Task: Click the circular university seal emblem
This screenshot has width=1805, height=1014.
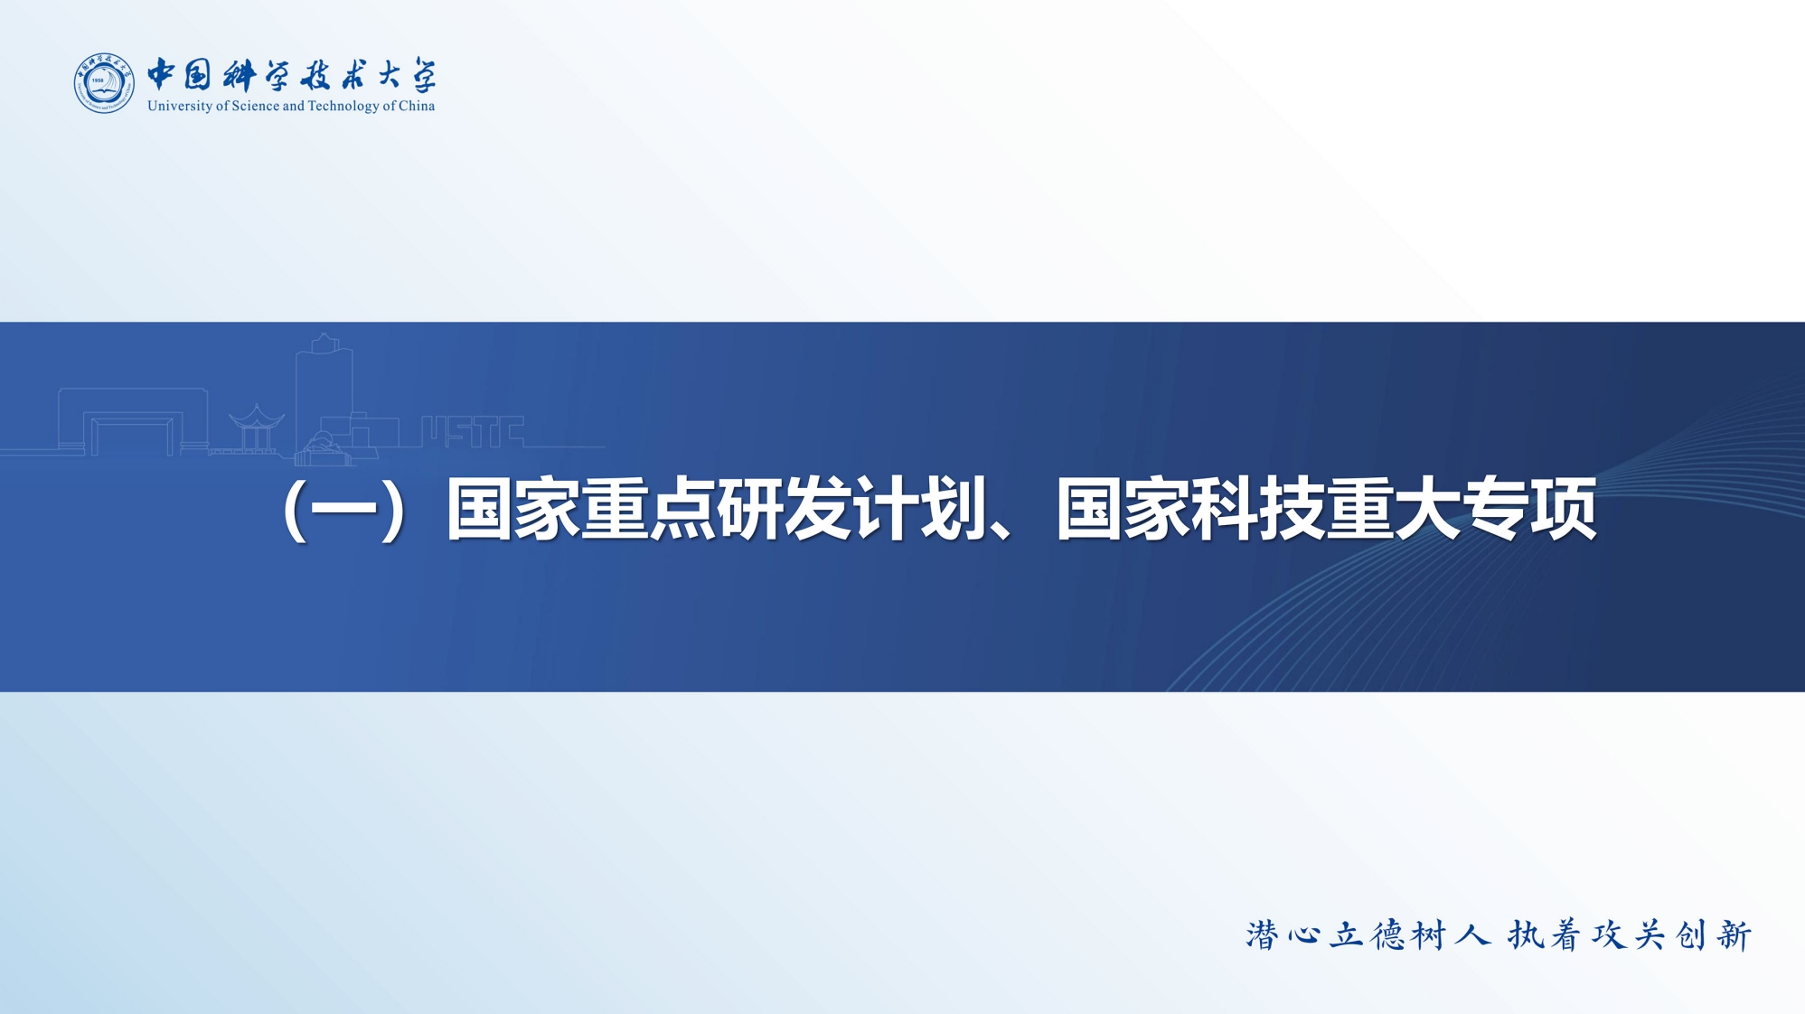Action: pyautogui.click(x=104, y=83)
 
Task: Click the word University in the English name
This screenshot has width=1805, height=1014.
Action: pyautogui.click(x=180, y=107)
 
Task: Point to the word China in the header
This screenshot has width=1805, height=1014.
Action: pyautogui.click(x=417, y=106)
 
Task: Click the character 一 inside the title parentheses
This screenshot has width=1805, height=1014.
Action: pyautogui.click(x=343, y=512)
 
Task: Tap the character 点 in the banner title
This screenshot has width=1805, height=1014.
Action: pyautogui.click(x=682, y=511)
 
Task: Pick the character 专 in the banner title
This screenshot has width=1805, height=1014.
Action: pyautogui.click(x=1496, y=511)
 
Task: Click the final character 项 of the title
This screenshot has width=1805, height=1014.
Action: pyautogui.click(x=1564, y=511)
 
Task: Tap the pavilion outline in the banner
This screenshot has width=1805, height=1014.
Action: pyautogui.click(x=257, y=429)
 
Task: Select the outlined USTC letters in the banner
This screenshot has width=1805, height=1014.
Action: pyautogui.click(x=473, y=432)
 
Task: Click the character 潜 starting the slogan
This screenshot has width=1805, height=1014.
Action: pyautogui.click(x=1262, y=936)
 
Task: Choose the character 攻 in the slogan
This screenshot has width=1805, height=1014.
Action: pyautogui.click(x=1609, y=936)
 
